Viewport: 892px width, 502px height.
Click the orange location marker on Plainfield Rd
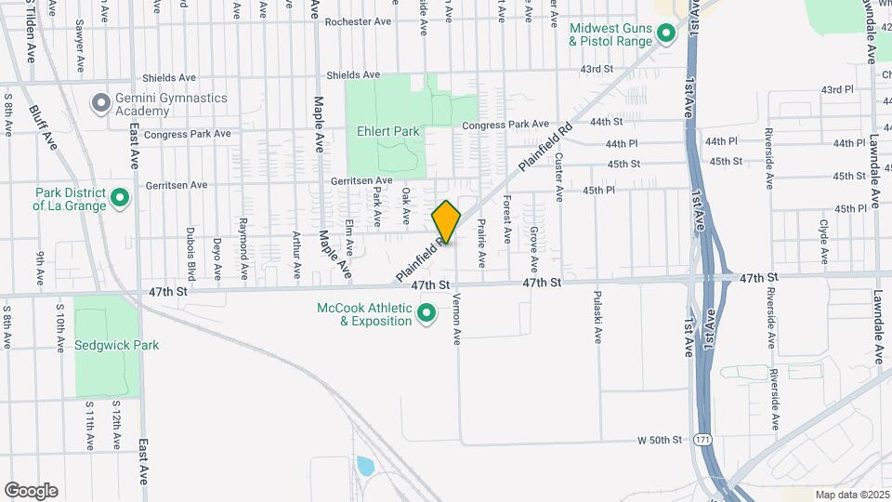pyautogui.click(x=446, y=221)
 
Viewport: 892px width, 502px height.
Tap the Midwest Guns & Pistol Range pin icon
pyautogui.click(x=665, y=35)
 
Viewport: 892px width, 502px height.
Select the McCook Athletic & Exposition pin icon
pyautogui.click(x=426, y=314)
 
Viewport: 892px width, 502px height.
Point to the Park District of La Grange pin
pyautogui.click(x=119, y=198)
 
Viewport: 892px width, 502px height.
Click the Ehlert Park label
pyautogui.click(x=388, y=132)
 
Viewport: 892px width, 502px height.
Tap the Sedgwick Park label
pyautogui.click(x=116, y=345)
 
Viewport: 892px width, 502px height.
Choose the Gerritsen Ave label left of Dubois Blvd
pyautogui.click(x=177, y=185)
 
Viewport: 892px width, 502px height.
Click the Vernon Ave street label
pyautogui.click(x=457, y=320)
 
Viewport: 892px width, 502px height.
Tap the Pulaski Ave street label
pyautogui.click(x=596, y=319)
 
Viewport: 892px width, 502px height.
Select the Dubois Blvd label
pyautogui.click(x=190, y=254)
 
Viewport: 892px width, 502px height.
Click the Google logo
pyautogui.click(x=31, y=491)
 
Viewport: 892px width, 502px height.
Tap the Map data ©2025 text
pyautogui.click(x=850, y=495)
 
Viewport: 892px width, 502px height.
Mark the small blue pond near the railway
pyautogui.click(x=364, y=465)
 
